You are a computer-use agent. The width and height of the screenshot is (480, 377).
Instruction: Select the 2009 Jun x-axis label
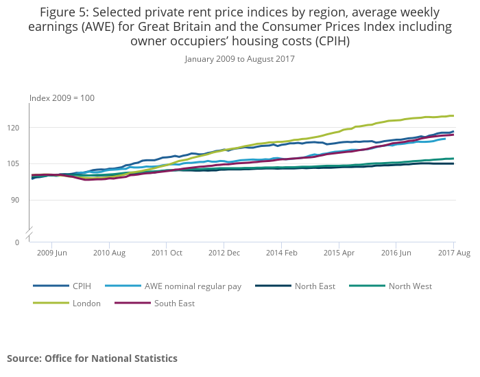(x=52, y=253)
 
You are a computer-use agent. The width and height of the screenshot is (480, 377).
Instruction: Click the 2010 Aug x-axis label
(x=110, y=253)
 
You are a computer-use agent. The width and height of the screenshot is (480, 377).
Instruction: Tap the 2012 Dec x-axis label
(x=225, y=253)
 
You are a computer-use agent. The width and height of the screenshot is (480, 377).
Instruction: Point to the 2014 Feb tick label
(x=283, y=253)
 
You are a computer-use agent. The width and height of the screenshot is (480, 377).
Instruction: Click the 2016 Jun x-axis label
(x=397, y=253)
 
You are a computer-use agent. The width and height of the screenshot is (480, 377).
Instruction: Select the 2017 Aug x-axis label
(x=454, y=253)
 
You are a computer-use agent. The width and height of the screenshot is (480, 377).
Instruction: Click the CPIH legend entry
(x=82, y=286)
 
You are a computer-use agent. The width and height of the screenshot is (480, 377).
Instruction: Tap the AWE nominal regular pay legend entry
(x=193, y=286)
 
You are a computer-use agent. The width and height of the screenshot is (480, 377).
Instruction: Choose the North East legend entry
(x=315, y=286)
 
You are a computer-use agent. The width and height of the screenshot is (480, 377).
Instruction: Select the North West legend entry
(x=409, y=286)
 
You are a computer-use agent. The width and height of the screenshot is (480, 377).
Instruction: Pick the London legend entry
(x=86, y=303)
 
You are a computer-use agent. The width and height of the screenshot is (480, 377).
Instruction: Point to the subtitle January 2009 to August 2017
(x=239, y=59)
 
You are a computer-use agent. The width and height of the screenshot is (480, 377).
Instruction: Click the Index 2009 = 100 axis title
(x=62, y=98)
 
